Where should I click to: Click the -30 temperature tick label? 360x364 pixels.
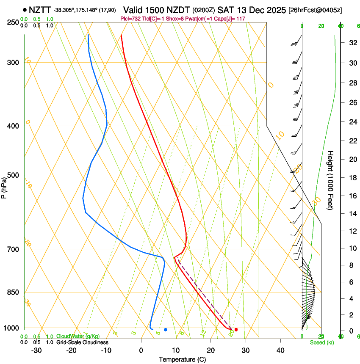[x=36, y=350]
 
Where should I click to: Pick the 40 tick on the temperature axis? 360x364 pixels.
[x=280, y=350]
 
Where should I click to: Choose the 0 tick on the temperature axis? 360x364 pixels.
[x=141, y=350]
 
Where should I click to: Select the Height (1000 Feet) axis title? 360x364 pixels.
[x=331, y=180]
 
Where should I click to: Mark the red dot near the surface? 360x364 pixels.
[x=236, y=329]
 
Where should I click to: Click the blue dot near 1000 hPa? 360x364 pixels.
[x=166, y=329]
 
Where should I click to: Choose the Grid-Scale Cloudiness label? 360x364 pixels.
[x=82, y=342]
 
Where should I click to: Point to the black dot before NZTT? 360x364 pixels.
[x=25, y=10]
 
